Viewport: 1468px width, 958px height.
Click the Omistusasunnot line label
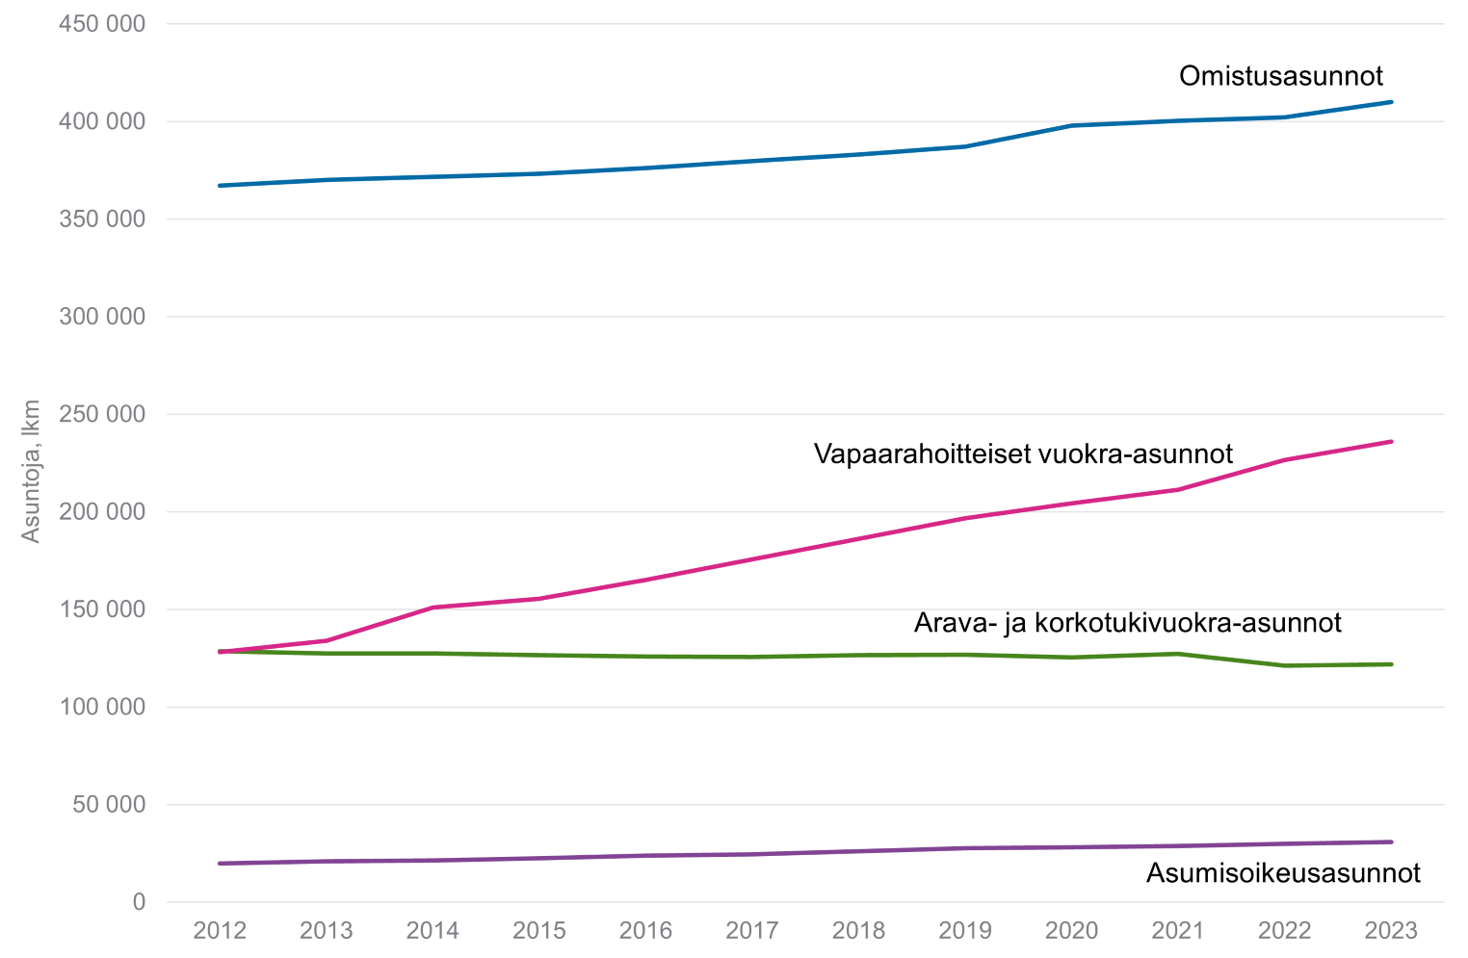click(1280, 76)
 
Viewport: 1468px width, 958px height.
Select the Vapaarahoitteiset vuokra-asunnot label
click(1023, 453)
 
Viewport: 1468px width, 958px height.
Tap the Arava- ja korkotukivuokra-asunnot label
click(1127, 623)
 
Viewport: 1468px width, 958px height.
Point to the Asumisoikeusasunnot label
click(1283, 873)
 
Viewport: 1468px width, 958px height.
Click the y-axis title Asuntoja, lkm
click(32, 471)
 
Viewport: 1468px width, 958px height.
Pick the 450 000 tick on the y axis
click(102, 24)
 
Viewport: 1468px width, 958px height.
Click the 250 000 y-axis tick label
click(102, 414)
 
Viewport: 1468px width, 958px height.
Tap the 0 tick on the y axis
click(139, 902)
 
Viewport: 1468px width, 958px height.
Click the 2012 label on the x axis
click(220, 931)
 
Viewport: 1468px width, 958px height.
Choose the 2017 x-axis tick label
click(752, 931)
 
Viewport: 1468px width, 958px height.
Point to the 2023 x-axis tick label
click(1391, 931)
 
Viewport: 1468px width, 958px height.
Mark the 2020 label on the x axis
click(1071, 931)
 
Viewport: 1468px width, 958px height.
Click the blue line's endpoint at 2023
click(1391, 102)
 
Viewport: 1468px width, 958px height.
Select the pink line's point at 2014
click(433, 608)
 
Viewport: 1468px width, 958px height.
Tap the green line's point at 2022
click(1285, 665)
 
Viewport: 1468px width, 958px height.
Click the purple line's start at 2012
click(221, 864)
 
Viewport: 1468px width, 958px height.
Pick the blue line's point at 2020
click(1071, 125)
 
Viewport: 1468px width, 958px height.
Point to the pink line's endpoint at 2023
click(1391, 442)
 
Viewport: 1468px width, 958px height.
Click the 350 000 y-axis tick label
click(102, 220)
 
